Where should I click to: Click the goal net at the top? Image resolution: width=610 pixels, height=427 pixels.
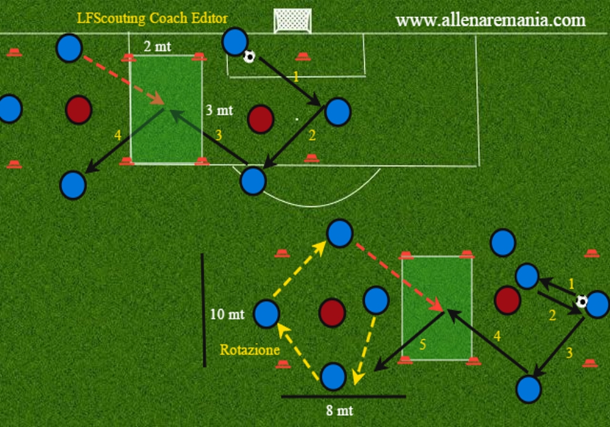point(293,21)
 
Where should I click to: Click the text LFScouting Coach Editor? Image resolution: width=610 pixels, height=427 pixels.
point(152,18)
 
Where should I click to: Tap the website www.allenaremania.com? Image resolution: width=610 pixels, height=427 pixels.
point(490,20)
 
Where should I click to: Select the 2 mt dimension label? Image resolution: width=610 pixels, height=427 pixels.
point(157,46)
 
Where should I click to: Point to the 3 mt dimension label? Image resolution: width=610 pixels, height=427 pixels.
point(219,110)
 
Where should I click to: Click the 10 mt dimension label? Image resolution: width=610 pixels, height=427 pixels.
point(227,314)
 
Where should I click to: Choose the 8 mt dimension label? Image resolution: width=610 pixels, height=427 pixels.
point(340,411)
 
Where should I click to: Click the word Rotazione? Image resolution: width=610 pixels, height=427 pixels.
point(249,350)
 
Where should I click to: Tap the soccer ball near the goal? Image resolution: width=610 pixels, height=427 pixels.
point(249,57)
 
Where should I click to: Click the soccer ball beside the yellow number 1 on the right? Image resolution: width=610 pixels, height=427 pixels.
point(581,301)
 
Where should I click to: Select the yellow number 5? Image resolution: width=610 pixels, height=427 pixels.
point(423,345)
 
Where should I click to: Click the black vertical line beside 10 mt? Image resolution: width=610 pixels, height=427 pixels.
point(204,310)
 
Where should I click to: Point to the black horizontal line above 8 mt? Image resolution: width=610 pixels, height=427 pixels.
point(343,396)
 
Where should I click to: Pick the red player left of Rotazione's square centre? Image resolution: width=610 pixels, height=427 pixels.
point(332,313)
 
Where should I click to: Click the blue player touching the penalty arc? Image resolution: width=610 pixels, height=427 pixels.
point(253,181)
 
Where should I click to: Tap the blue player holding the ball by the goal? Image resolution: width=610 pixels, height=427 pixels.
point(235,41)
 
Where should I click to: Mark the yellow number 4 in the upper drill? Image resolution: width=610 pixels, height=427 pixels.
point(118,135)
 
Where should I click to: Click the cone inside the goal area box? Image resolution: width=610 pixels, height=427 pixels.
point(303,57)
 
